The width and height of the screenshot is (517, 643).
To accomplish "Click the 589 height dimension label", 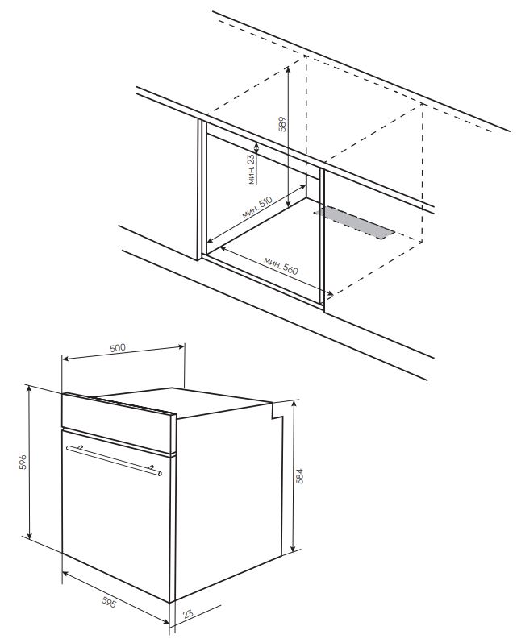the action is (x=282, y=124).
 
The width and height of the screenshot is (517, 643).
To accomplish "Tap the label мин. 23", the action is (x=252, y=169).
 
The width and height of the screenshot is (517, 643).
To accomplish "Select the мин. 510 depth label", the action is (x=256, y=207).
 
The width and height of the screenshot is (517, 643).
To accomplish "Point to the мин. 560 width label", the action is (x=281, y=266).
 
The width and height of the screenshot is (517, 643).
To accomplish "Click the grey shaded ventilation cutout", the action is (x=355, y=222).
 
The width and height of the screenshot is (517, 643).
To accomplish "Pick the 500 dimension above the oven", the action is (x=118, y=348).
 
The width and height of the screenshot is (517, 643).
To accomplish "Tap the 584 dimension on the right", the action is (x=300, y=476).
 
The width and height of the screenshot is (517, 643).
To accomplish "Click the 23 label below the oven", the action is (x=188, y=614).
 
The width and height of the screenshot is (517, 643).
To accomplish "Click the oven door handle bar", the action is (x=114, y=461).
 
